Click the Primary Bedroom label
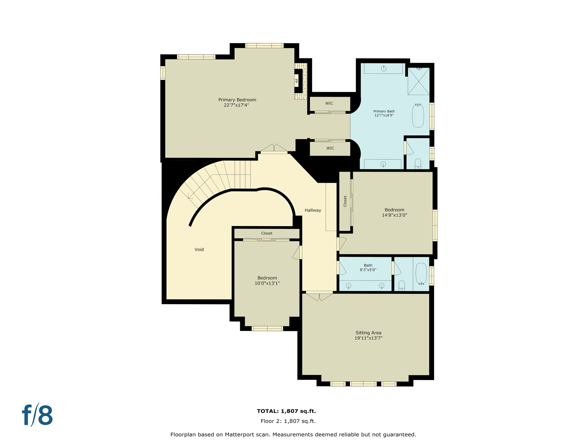[237, 100]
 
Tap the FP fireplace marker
[296, 81]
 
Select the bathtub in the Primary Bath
[418, 116]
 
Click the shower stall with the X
[418, 81]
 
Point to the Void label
[199, 249]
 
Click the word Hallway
[313, 210]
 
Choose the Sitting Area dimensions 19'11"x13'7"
[368, 338]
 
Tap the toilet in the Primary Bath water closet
[418, 164]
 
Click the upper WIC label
[329, 103]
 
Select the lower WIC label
[330, 148]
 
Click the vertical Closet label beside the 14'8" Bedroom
[345, 201]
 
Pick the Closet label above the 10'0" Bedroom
[267, 233]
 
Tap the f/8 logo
[37, 415]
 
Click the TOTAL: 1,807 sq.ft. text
[286, 411]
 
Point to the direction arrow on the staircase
[190, 197]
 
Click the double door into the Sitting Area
[319, 296]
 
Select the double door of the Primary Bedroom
[274, 148]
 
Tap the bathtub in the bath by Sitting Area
[421, 274]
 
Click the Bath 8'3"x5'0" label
[368, 268]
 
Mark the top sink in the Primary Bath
[383, 68]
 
